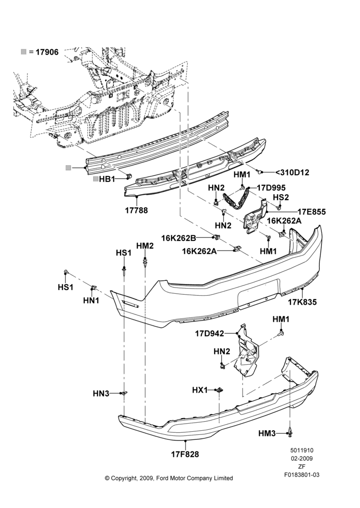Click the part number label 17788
click(x=136, y=210)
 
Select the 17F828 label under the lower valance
click(x=185, y=455)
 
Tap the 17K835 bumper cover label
click(x=302, y=302)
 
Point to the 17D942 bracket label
click(x=209, y=333)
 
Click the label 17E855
click(x=312, y=212)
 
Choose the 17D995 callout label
click(x=271, y=188)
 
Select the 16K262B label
click(x=178, y=238)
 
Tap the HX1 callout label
click(x=200, y=390)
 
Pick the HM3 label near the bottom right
click(x=267, y=433)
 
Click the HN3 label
click(x=101, y=394)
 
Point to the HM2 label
click(x=144, y=246)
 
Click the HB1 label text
click(x=107, y=179)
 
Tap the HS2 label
click(x=281, y=197)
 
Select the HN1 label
click(x=91, y=300)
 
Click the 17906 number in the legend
click(x=47, y=52)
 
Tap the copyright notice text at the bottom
click(x=169, y=478)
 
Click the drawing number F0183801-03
click(x=302, y=474)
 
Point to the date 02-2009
click(x=302, y=458)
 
